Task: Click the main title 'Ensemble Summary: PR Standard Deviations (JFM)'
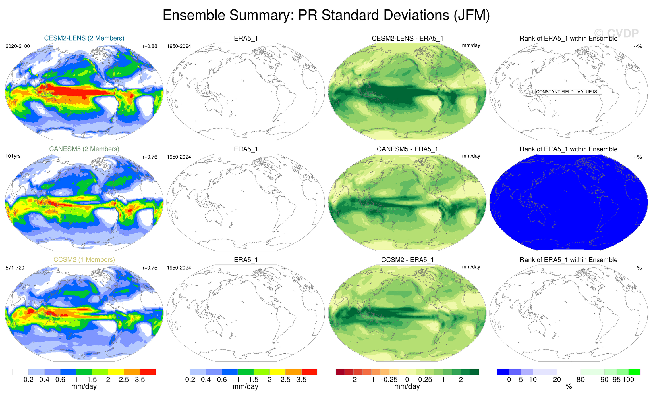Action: (326, 15)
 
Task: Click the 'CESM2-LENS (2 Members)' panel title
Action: (84, 38)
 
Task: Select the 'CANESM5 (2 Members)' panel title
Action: (84, 149)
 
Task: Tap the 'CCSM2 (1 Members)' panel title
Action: (84, 260)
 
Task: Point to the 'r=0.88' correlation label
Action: (150, 46)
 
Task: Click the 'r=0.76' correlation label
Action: (150, 157)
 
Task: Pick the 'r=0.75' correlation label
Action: (150, 268)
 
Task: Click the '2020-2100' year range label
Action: (18, 46)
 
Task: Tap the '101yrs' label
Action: (13, 156)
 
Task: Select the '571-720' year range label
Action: (15, 268)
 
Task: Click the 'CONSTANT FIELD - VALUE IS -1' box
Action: (569, 92)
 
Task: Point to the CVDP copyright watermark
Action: (616, 34)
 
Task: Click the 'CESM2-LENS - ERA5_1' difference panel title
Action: (407, 38)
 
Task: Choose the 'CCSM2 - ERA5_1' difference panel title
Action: (407, 260)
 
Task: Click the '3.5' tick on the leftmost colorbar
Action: (140, 380)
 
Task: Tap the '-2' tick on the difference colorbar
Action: (353, 380)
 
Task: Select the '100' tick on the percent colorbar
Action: (628, 380)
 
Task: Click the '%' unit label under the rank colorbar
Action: (569, 387)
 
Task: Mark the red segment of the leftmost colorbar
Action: (148, 372)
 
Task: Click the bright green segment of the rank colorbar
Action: (634, 372)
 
